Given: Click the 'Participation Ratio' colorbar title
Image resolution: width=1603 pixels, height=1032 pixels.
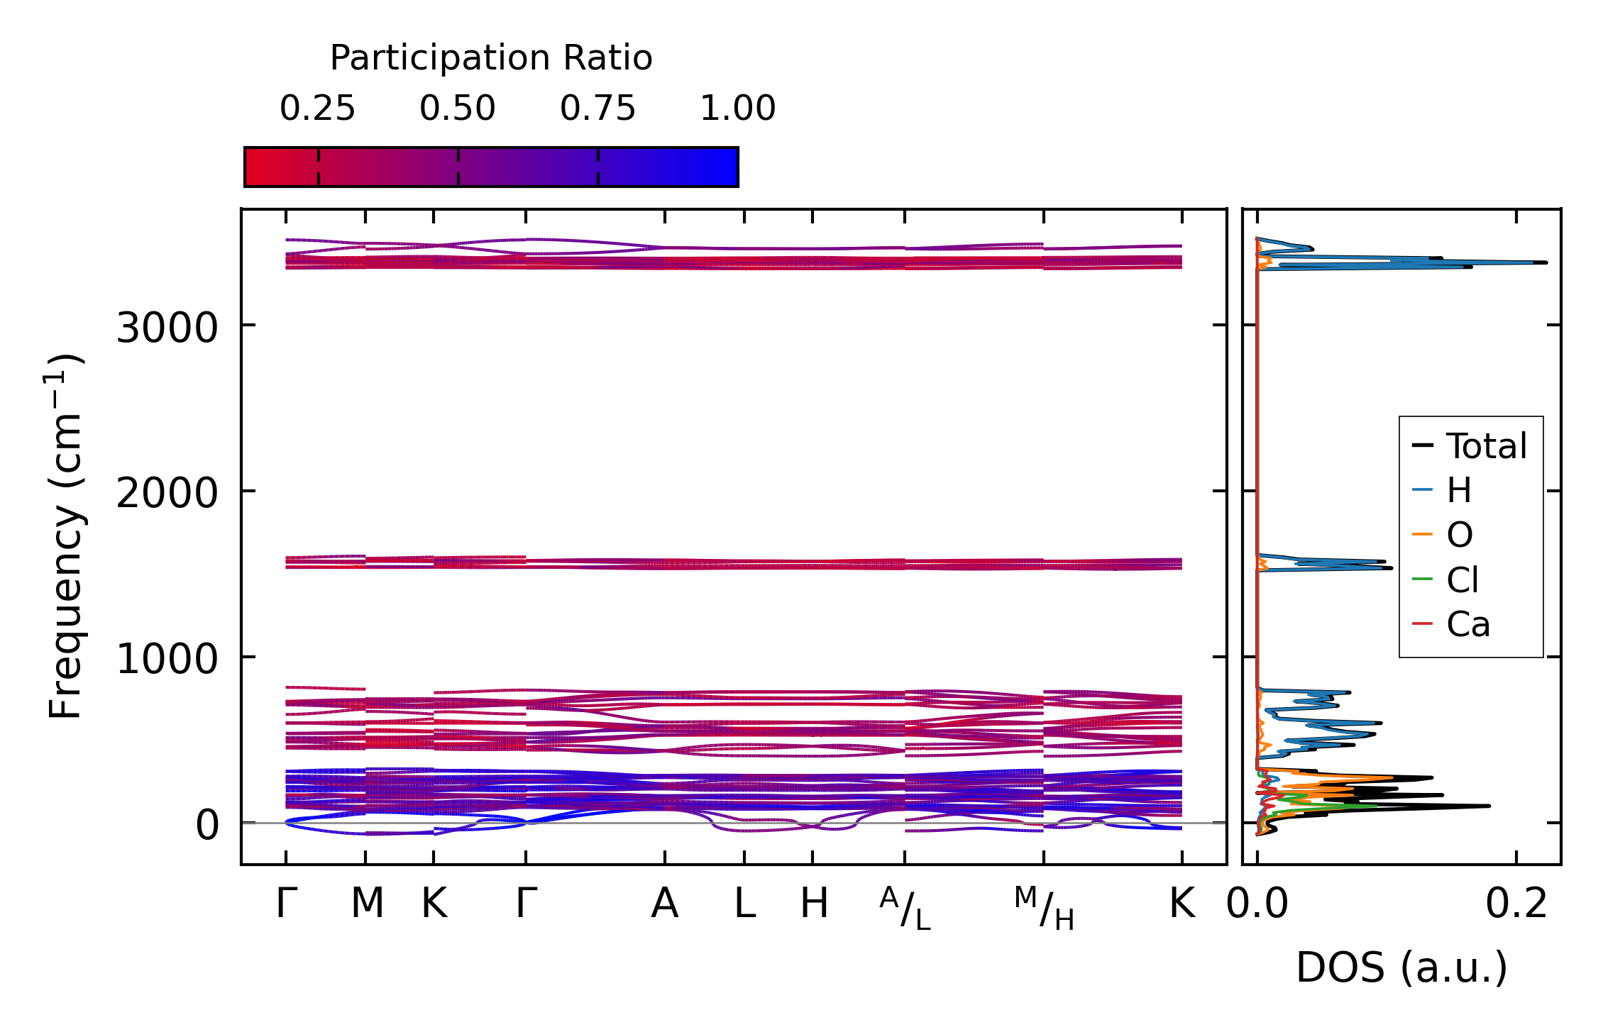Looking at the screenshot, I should click(491, 58).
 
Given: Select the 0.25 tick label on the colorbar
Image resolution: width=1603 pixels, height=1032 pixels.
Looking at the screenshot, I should click(317, 109).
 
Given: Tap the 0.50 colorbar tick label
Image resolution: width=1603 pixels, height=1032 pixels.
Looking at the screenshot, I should click(457, 109).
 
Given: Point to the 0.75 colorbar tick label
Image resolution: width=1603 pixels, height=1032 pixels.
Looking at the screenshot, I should click(597, 109).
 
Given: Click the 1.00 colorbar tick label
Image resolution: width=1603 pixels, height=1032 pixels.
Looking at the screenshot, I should click(737, 109).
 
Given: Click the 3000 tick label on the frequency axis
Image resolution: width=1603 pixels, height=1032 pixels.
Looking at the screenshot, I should click(167, 328).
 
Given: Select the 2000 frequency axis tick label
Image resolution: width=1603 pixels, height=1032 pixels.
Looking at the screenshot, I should click(167, 494).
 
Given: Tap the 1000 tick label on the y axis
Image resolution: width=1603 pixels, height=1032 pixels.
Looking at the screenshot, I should click(167, 660).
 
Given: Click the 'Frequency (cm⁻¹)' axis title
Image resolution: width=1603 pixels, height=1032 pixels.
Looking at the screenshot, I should click(66, 536).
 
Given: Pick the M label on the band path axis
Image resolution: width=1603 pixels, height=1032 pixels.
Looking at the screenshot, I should click(367, 904).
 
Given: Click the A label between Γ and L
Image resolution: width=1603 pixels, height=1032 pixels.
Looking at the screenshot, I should click(665, 904).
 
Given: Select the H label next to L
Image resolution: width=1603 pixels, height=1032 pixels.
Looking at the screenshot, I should click(814, 904).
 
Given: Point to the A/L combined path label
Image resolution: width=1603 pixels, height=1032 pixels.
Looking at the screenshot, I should click(905, 909).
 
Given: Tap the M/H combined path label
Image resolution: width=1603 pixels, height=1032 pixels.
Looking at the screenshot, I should click(1044, 909).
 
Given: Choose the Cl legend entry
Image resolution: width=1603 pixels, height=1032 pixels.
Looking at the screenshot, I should click(1462, 580).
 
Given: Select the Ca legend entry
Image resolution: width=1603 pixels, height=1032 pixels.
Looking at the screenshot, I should click(1467, 625).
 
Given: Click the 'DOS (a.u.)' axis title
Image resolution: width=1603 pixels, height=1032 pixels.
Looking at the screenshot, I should click(1401, 968).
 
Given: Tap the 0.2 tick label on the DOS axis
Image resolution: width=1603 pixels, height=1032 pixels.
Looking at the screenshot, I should click(1516, 904).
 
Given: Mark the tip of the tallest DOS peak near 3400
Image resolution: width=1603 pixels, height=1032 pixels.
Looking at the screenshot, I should click(1546, 262).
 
